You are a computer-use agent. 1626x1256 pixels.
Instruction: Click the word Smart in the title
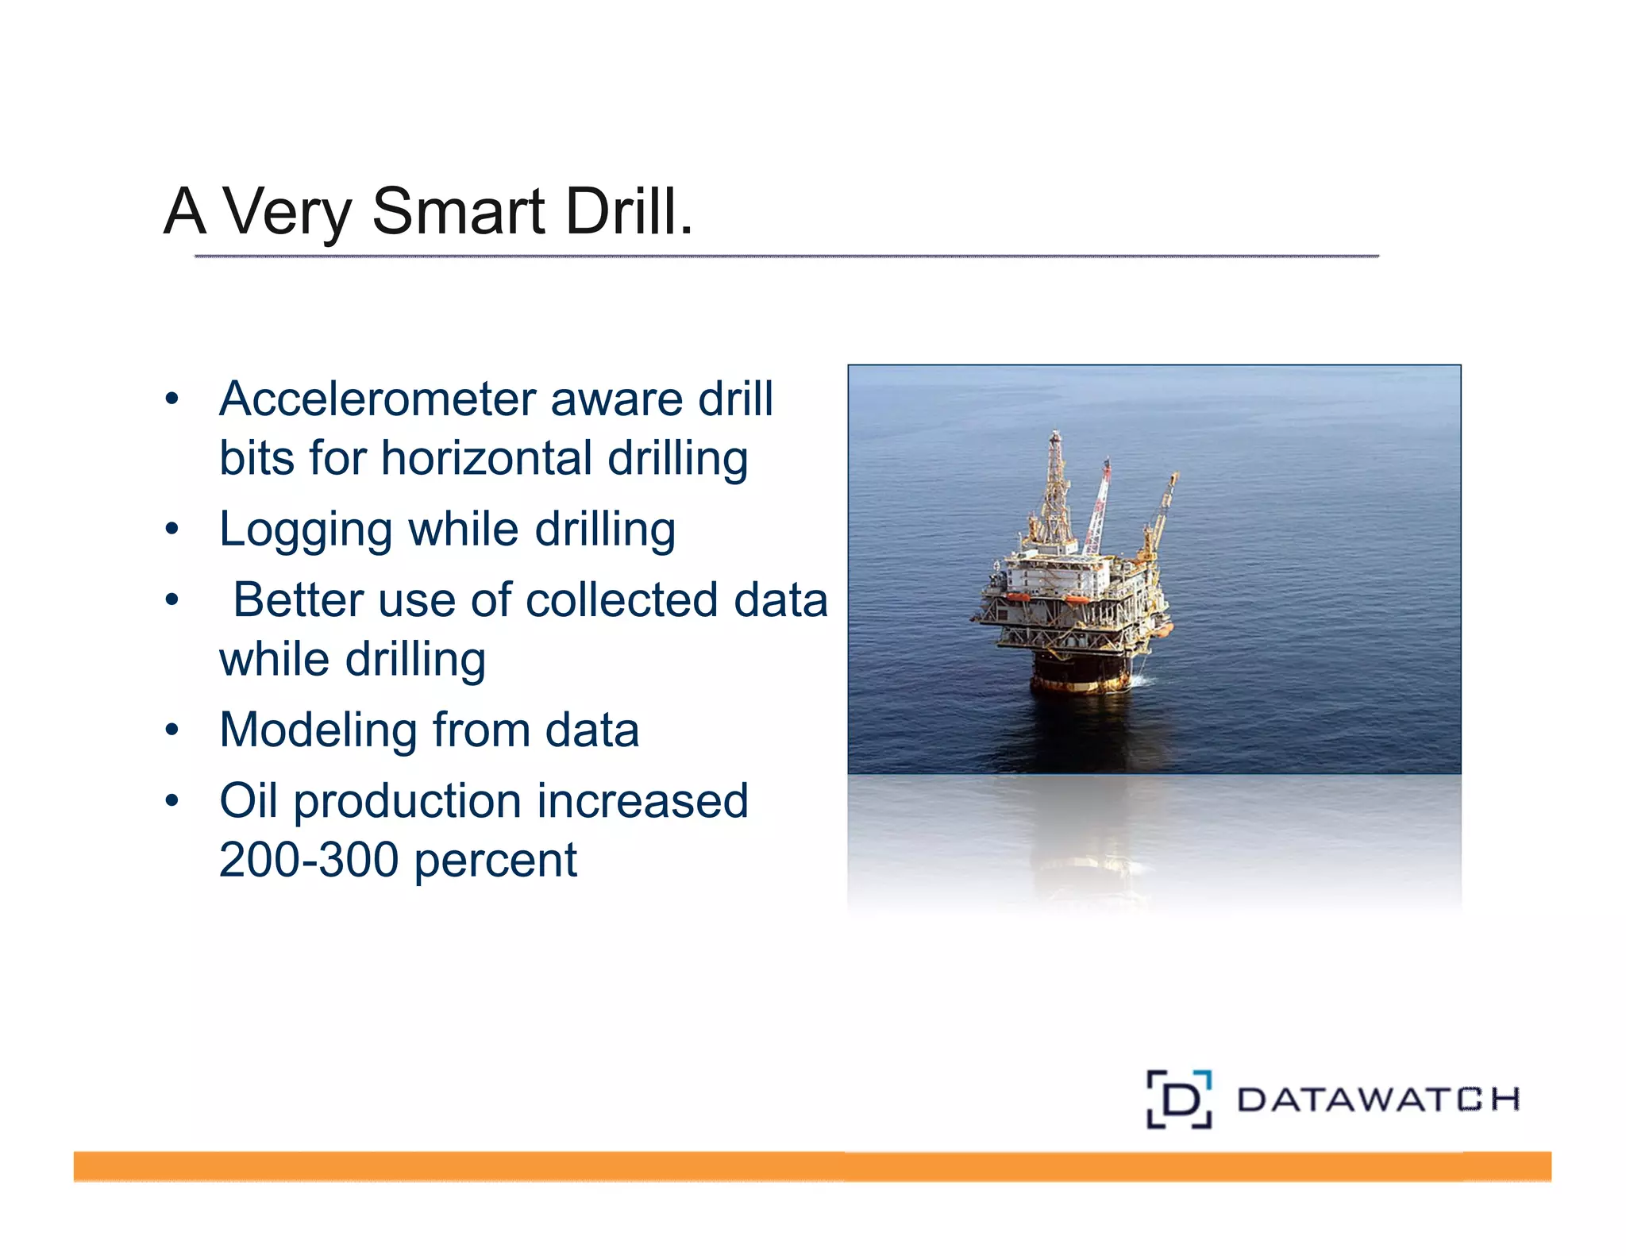458,212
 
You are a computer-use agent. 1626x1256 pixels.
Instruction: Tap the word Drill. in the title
628,212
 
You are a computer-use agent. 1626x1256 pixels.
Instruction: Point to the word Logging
305,530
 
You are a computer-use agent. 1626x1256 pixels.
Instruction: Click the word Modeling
318,730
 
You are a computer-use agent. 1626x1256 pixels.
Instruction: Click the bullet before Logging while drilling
172,529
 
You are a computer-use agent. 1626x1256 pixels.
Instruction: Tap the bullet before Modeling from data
172,730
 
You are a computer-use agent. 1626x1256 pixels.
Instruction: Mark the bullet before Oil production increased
172,800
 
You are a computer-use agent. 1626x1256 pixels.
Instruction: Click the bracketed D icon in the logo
1178,1099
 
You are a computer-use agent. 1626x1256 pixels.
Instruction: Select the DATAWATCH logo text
1377,1100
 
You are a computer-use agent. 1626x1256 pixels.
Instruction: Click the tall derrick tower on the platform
1054,492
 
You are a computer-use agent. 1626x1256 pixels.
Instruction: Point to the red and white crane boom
1097,508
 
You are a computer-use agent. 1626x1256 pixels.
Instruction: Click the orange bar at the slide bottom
811,1165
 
